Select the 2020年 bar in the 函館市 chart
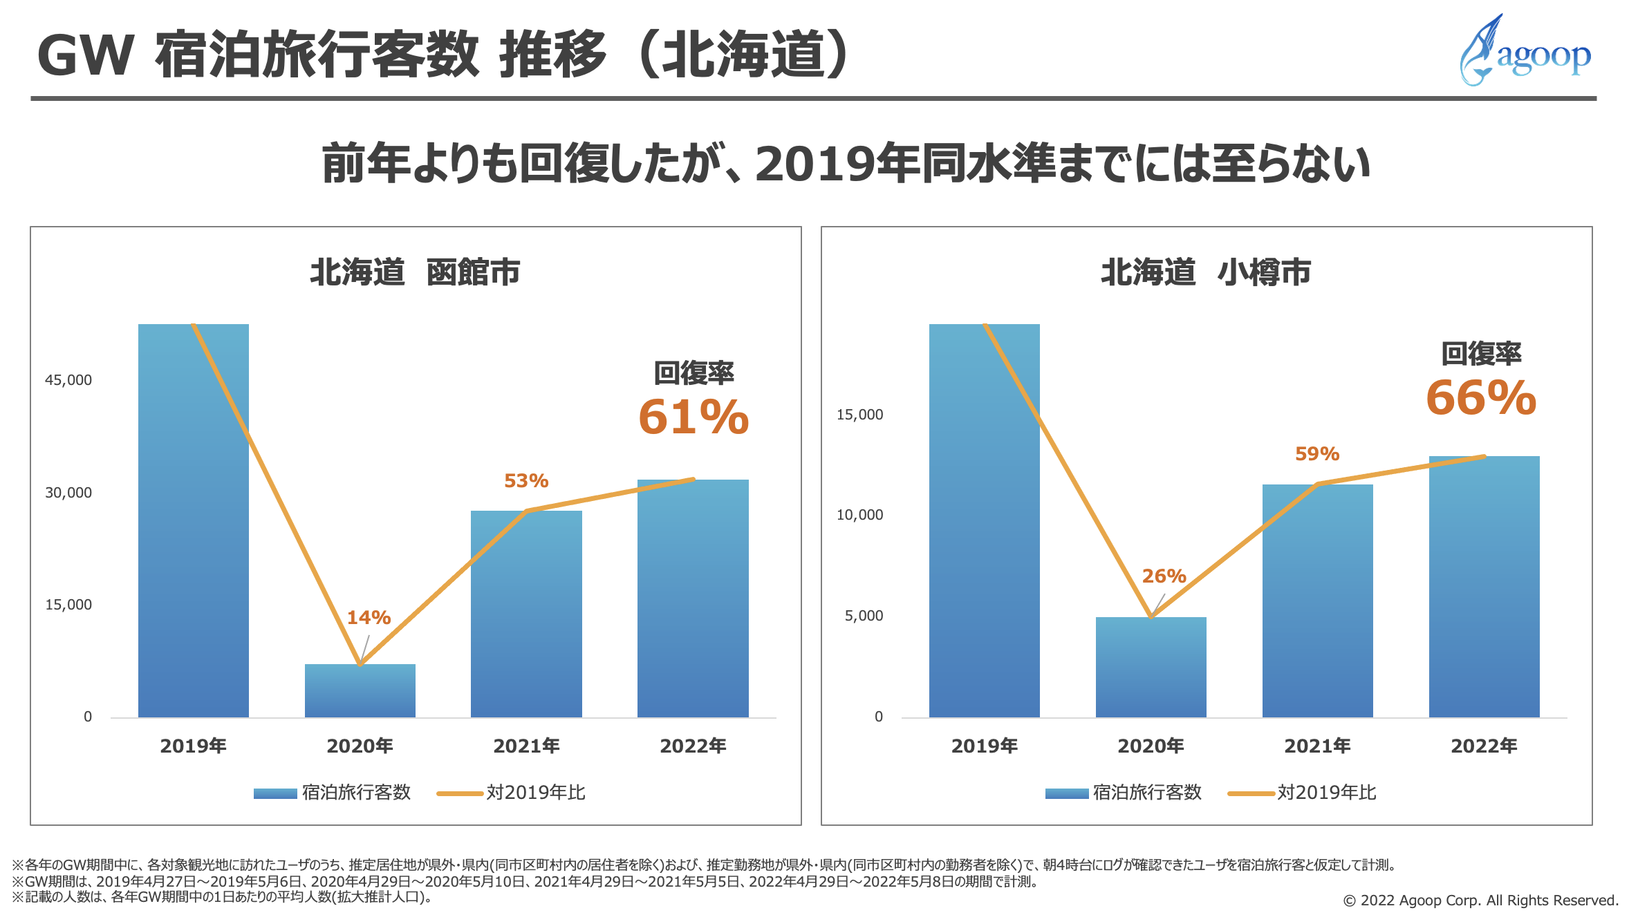(x=360, y=690)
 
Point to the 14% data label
(x=369, y=617)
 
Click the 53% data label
(x=526, y=480)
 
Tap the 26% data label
(x=1164, y=576)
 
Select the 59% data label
(x=1317, y=453)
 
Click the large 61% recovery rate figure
(x=694, y=417)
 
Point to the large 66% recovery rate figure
(x=1481, y=398)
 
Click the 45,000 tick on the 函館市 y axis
(x=68, y=380)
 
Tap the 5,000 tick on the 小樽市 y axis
(x=864, y=616)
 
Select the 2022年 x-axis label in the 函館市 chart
(x=693, y=746)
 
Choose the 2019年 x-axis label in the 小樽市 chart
(x=984, y=746)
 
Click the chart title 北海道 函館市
(x=415, y=272)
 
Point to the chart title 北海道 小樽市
(x=1206, y=272)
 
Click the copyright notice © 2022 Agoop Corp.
(x=1480, y=900)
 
